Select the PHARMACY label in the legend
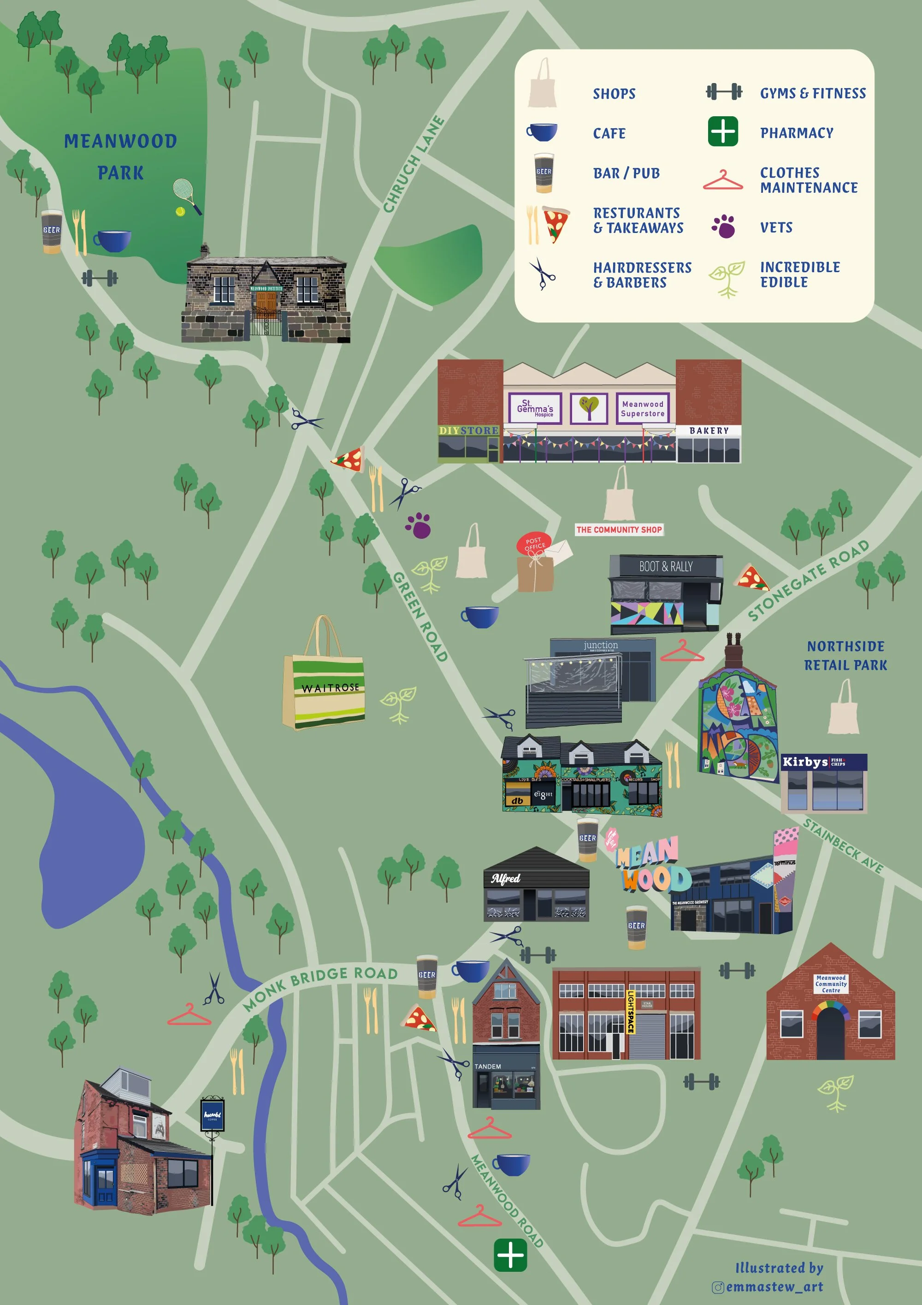click(797, 133)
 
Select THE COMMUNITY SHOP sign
click(619, 530)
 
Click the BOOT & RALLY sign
click(665, 566)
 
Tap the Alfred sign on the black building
click(506, 879)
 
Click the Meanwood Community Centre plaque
click(831, 984)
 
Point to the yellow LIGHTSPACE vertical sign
click(631, 1012)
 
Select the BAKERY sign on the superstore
click(709, 431)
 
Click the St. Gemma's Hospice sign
click(535, 408)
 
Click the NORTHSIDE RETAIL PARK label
click(845, 655)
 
